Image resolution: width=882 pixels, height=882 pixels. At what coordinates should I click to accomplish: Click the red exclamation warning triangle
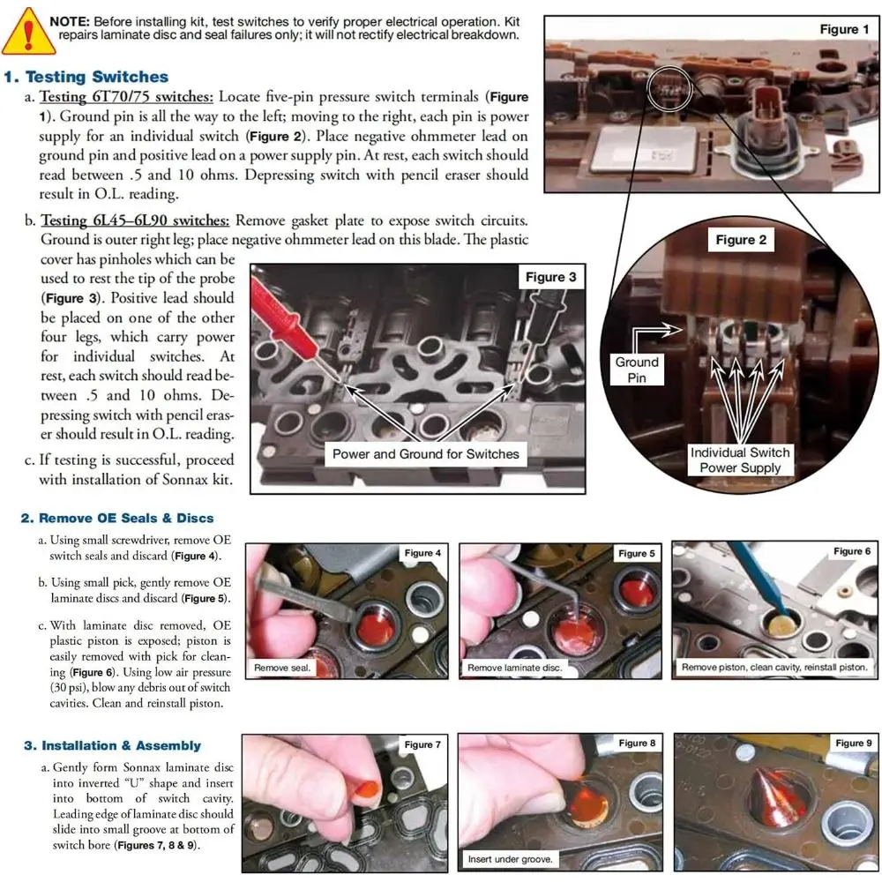click(x=28, y=32)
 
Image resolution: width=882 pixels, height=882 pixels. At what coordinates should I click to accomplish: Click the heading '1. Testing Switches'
click(x=86, y=77)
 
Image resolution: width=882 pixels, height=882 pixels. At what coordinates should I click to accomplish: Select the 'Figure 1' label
click(x=844, y=29)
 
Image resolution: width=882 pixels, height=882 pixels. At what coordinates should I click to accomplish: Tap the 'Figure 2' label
click(x=741, y=240)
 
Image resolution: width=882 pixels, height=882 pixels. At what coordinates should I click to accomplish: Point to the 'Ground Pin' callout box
click(x=637, y=370)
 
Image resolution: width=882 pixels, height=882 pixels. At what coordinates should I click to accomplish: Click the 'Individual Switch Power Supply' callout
click(x=740, y=460)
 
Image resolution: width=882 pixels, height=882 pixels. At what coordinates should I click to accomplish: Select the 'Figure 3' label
click(x=550, y=277)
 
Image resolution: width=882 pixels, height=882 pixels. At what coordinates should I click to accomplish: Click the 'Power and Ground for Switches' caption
click(x=426, y=454)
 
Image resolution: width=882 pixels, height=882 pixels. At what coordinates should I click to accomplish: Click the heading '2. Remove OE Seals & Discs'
click(x=117, y=518)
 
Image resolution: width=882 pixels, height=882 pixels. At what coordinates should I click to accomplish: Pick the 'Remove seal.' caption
click(x=282, y=668)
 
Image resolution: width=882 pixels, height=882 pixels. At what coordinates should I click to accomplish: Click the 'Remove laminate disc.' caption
click(x=515, y=668)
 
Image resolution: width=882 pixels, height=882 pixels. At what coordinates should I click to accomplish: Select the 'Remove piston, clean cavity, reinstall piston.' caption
click(x=774, y=667)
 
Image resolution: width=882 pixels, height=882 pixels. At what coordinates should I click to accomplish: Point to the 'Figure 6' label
click(x=852, y=551)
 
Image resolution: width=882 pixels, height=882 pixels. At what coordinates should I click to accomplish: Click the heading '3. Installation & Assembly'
click(x=113, y=745)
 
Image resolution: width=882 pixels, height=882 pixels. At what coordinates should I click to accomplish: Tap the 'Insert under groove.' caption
click(x=510, y=859)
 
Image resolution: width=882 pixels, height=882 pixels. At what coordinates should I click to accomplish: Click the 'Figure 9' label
click(x=853, y=743)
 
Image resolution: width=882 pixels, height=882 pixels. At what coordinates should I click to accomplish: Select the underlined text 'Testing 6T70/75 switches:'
click(x=126, y=97)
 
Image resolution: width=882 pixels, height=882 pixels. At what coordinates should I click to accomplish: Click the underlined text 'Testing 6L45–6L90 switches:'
click(x=135, y=220)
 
